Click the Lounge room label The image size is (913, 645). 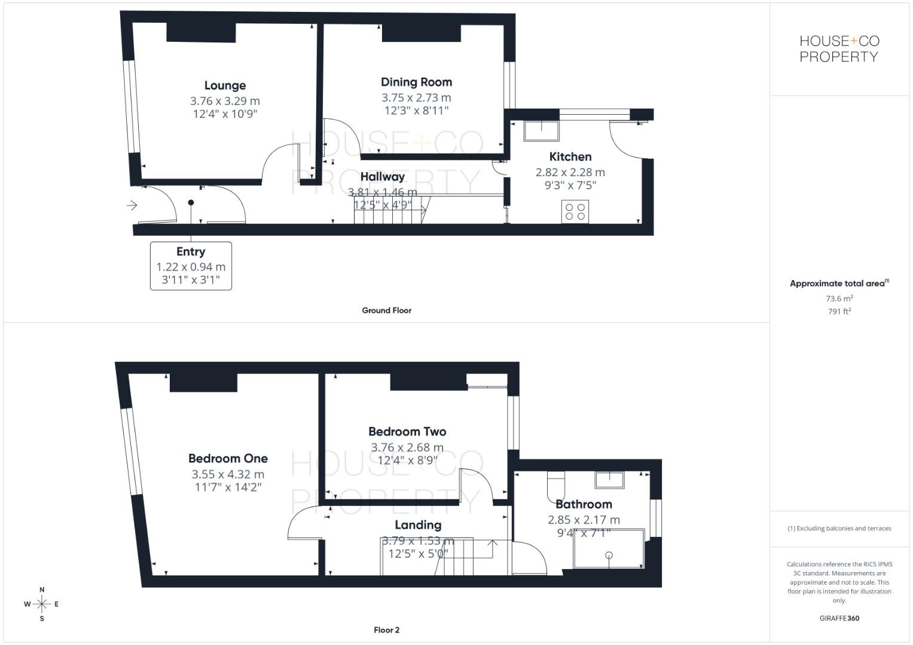[225, 85]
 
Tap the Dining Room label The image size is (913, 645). [416, 82]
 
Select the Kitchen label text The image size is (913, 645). [570, 156]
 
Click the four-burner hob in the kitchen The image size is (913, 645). [575, 212]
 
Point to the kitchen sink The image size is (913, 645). [541, 131]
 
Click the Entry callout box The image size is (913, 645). [191, 266]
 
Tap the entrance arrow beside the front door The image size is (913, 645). [132, 205]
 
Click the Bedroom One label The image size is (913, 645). [228, 459]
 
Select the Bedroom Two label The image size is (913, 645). [407, 432]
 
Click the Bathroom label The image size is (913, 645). [584, 504]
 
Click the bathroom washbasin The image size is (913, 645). [609, 480]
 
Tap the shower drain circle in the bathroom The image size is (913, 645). [609, 555]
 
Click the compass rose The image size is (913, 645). [42, 604]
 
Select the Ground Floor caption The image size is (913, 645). [386, 311]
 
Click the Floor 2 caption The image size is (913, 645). [386, 630]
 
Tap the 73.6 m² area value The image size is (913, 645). [839, 298]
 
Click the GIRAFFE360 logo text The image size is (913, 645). [839, 618]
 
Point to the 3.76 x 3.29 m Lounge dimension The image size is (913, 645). [225, 100]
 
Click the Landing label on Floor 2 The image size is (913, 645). [418, 525]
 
